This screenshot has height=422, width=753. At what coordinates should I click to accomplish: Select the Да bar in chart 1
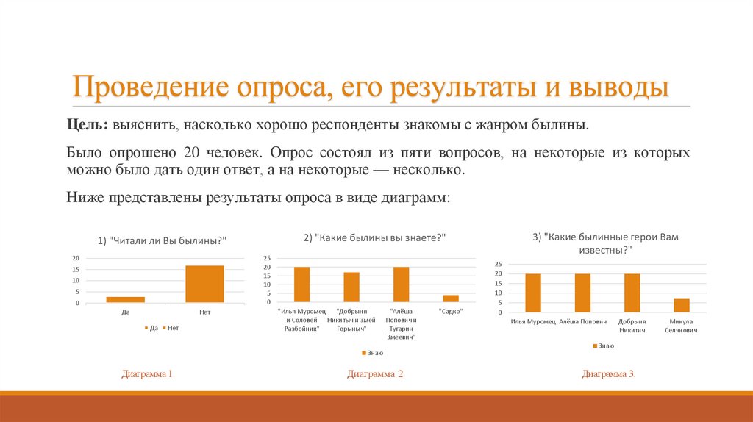pyautogui.click(x=125, y=299)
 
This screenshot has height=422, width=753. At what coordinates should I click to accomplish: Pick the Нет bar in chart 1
pyautogui.click(x=204, y=284)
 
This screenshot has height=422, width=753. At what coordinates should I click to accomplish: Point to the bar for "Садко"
pyautogui.click(x=451, y=298)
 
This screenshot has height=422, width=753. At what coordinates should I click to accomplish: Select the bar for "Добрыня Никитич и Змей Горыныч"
pyautogui.click(x=351, y=287)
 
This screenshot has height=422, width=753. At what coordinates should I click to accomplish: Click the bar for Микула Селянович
pyautogui.click(x=681, y=305)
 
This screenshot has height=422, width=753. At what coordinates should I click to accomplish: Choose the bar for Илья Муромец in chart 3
pyautogui.click(x=533, y=293)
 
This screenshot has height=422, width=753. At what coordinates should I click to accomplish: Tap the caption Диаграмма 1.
pyautogui.click(x=148, y=374)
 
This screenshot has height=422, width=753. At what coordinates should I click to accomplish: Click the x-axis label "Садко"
pyautogui.click(x=450, y=311)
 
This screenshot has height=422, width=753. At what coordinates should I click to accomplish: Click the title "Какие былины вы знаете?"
pyautogui.click(x=375, y=237)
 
